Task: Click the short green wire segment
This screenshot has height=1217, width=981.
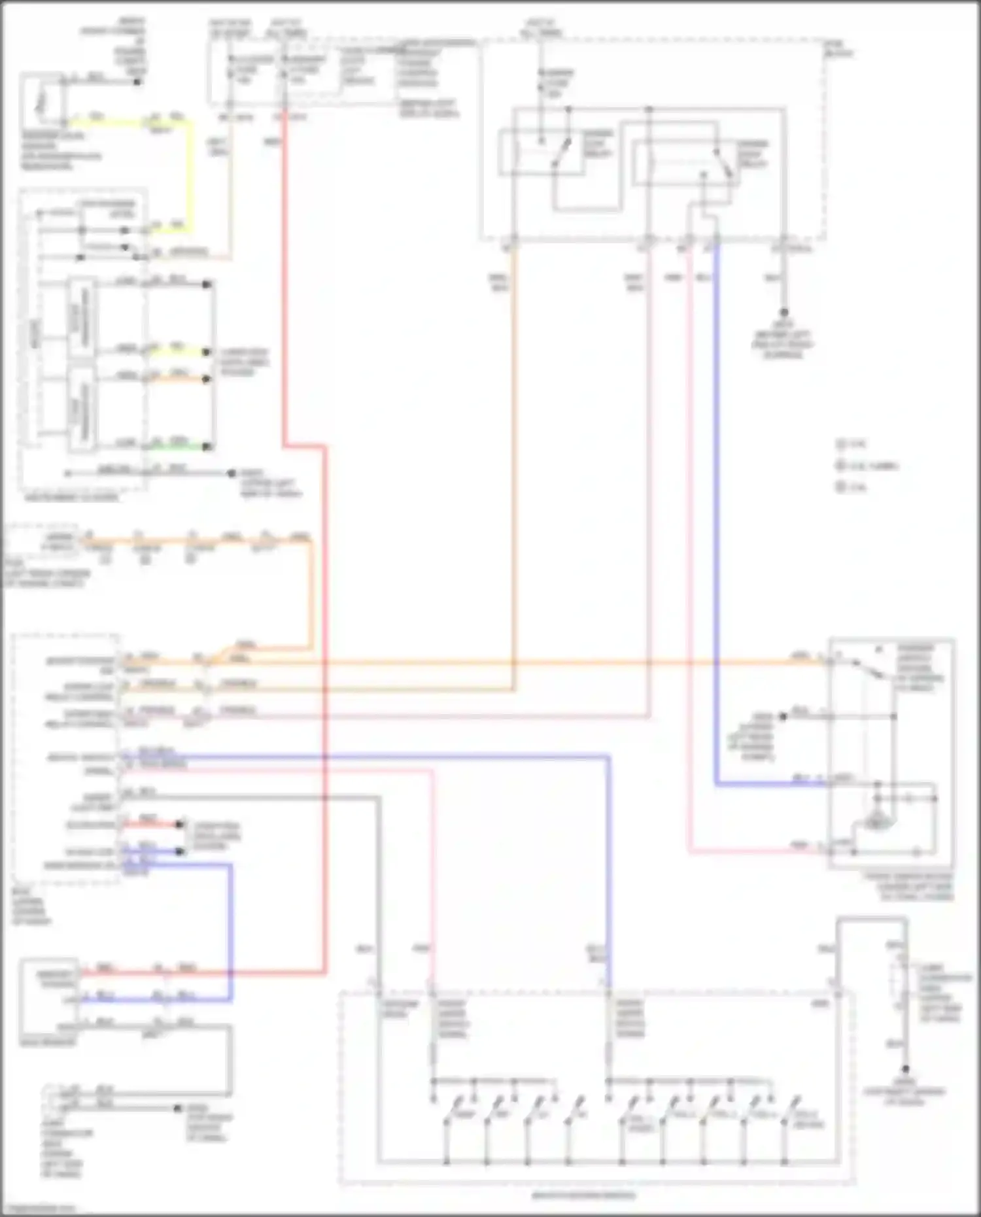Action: pos(177,447)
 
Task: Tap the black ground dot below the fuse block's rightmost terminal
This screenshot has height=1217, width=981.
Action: pos(783,313)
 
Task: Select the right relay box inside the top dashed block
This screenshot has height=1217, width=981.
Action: pos(683,163)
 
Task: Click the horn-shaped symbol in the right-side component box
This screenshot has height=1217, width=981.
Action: pos(875,821)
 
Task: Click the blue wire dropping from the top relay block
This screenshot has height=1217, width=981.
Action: pos(716,523)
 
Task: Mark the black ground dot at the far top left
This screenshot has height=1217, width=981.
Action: pos(137,82)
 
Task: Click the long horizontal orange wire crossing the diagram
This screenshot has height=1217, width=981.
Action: pos(523,662)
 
